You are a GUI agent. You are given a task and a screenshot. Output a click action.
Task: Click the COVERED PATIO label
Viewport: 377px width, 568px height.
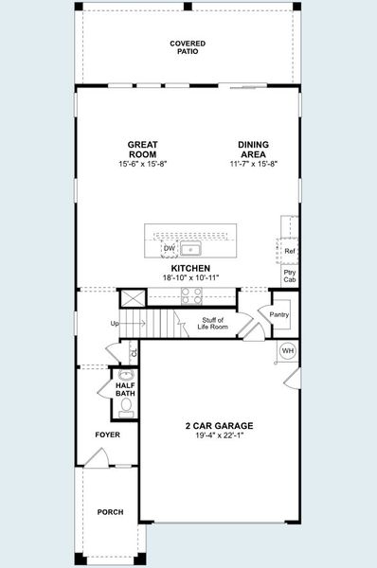tap(188, 47)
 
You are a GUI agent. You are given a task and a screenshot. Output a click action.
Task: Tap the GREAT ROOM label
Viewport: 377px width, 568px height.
tap(143, 150)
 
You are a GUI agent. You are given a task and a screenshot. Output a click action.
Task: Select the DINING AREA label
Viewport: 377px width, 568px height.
tap(253, 150)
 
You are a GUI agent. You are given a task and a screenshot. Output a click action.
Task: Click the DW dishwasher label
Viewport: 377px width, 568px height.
tap(170, 249)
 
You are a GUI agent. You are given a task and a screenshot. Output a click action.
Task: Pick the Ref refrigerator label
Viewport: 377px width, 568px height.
tap(290, 251)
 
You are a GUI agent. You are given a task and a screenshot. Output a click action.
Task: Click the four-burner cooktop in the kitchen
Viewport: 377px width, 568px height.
tap(190, 293)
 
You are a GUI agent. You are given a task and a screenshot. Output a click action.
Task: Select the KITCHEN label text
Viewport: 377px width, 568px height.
tap(189, 269)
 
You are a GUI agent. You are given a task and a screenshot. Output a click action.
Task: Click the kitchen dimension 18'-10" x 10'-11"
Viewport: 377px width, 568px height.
tap(189, 278)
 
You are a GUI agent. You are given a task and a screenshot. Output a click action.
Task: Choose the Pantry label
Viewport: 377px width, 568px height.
tap(279, 314)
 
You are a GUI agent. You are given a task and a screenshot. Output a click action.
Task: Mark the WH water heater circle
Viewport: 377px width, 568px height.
tap(288, 351)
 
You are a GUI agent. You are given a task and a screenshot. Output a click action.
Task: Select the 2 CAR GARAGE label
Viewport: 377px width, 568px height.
tap(219, 426)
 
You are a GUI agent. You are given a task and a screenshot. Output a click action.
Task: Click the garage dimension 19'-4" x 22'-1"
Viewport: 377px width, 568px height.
tap(219, 436)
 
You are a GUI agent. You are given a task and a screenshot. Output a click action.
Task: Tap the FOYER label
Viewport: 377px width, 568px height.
tap(107, 435)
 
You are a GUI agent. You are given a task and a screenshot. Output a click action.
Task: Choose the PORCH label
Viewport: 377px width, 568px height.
tap(110, 512)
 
